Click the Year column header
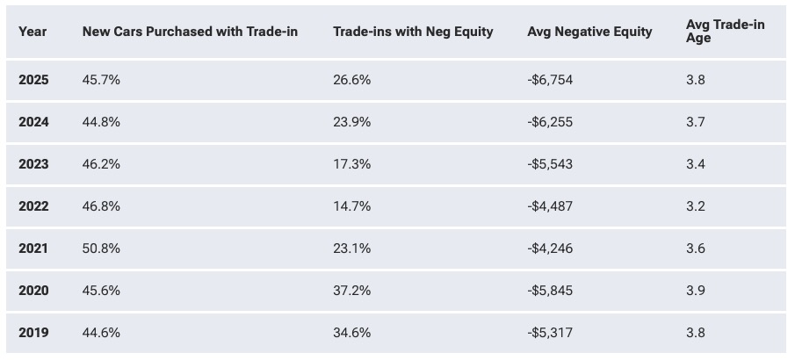33,32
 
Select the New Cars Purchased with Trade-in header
190,32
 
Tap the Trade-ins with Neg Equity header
413,32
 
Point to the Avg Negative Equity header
589,32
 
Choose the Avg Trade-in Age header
726,31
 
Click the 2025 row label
33,80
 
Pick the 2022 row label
33,205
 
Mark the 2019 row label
33,332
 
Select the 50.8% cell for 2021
101,248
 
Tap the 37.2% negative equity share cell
352,290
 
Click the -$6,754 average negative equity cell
550,80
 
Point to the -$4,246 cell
550,248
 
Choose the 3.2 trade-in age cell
695,205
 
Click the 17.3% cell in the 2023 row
352,164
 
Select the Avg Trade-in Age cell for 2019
695,332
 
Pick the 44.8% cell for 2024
101,122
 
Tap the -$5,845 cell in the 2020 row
550,290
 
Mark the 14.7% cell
352,205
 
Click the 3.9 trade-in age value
695,290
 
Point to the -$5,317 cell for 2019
550,332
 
